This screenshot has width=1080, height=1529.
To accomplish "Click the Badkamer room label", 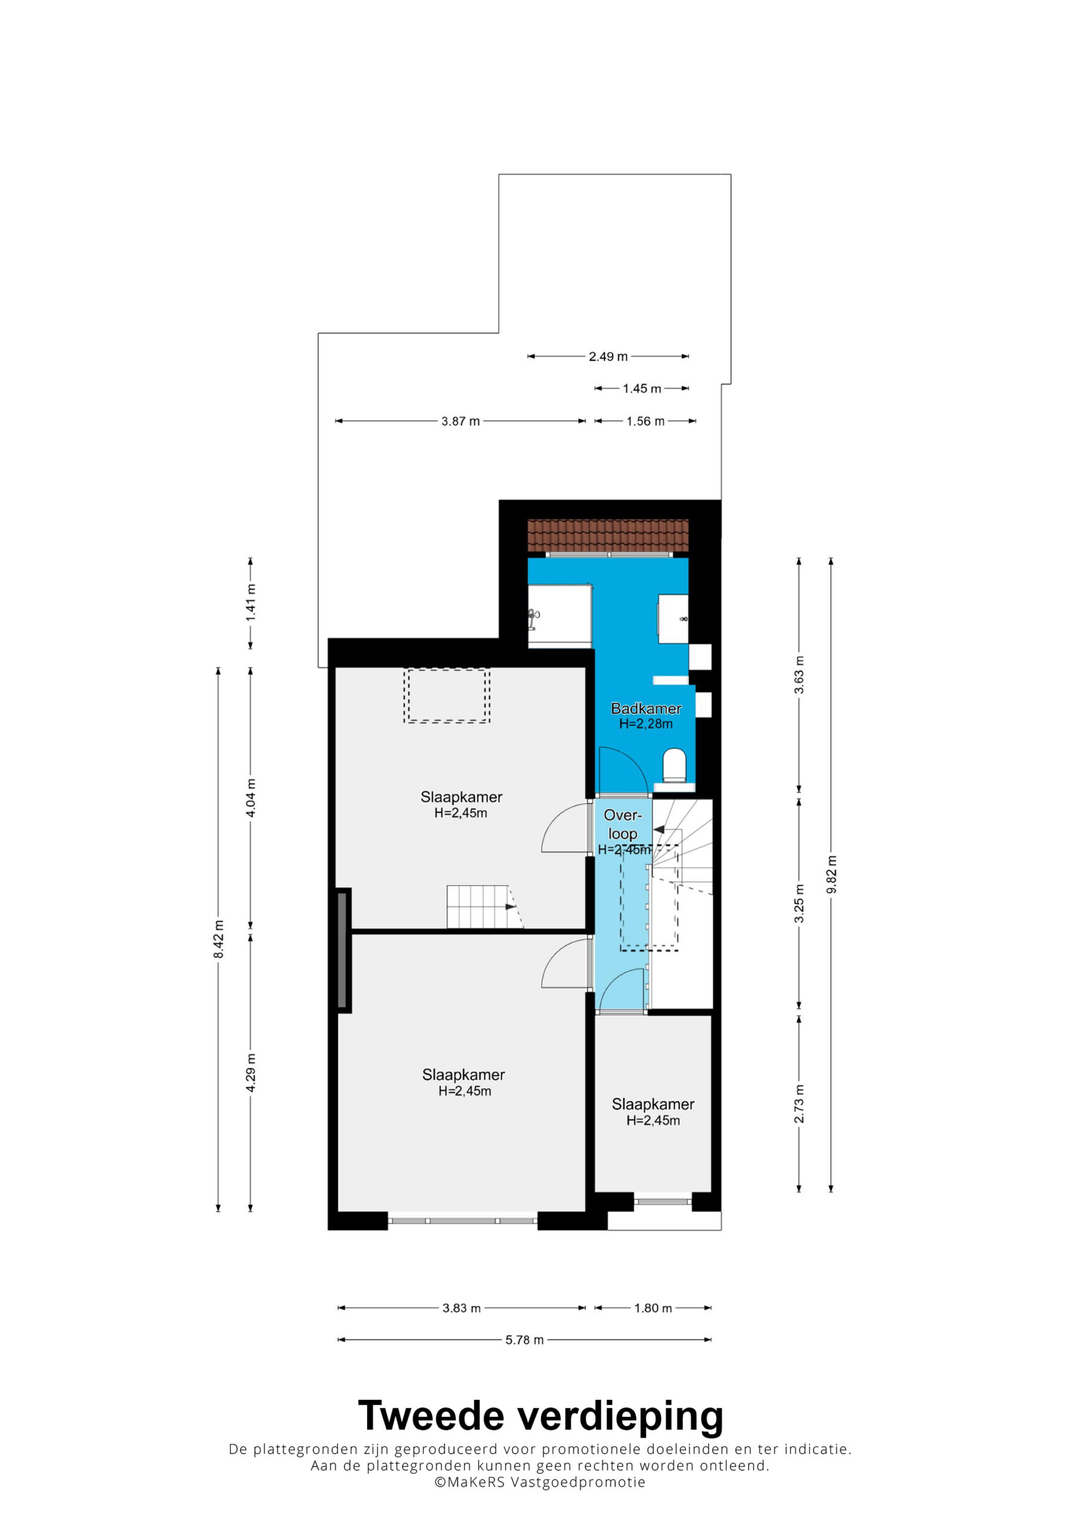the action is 646,708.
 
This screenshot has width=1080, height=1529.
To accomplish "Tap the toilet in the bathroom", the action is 675,764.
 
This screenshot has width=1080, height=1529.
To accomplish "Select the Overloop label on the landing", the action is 623,824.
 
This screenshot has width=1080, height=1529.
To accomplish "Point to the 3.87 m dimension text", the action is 461,421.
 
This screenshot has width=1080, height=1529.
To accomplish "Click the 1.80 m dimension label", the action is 653,1308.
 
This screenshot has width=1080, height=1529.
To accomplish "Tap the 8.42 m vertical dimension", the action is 219,939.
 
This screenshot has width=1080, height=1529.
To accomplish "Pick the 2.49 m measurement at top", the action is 608,357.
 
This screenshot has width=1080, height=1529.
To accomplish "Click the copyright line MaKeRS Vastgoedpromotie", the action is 540,1482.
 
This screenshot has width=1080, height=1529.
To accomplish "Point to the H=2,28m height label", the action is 646,724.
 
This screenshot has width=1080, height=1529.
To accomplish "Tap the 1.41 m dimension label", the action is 250,603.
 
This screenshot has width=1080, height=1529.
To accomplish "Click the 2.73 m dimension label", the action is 799,1104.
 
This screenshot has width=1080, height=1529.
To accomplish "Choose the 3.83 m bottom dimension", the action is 461,1308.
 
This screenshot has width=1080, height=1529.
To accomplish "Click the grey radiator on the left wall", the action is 342,950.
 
